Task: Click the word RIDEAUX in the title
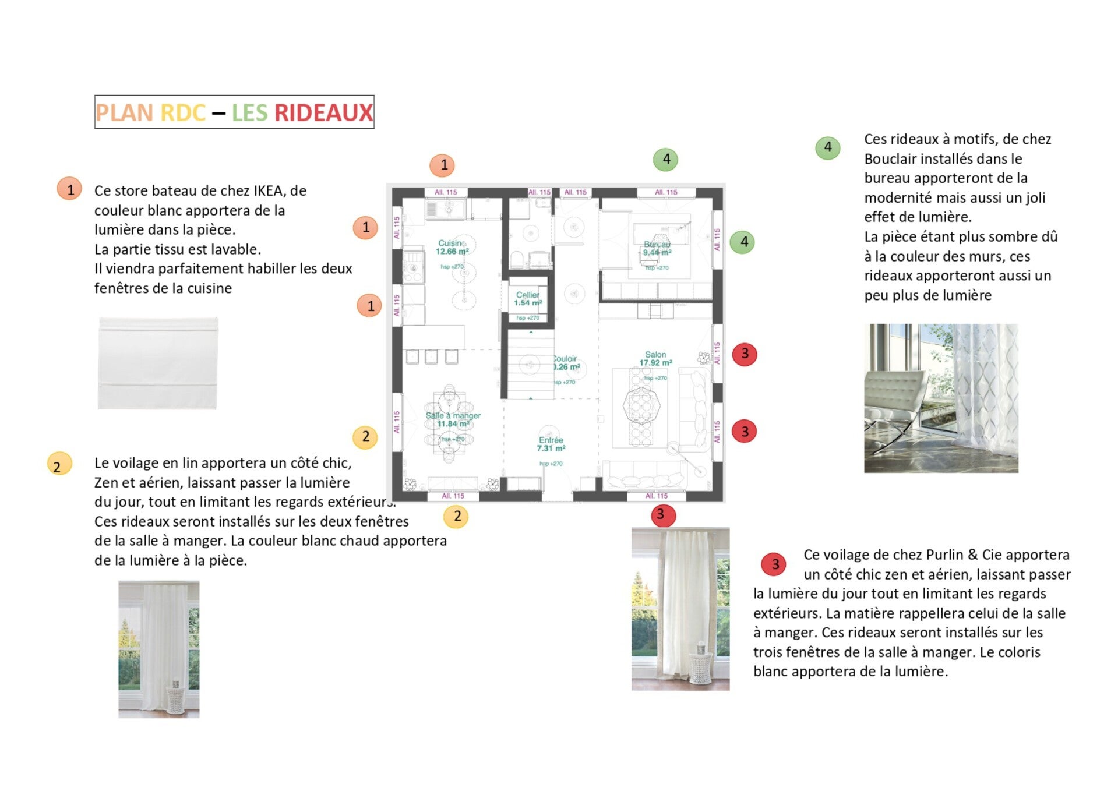coord(323,112)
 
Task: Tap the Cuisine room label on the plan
coord(452,243)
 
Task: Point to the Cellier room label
coord(528,295)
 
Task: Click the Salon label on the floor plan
coord(655,354)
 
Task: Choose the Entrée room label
coord(551,440)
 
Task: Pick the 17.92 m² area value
coord(655,363)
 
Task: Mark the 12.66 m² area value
coord(452,252)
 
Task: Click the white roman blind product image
coord(158,363)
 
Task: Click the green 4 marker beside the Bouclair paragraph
coord(827,147)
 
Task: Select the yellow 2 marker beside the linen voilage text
coord(58,465)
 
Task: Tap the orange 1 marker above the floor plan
coord(443,165)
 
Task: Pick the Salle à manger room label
coord(453,415)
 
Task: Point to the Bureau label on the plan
coord(657,245)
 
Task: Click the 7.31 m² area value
coord(551,449)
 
